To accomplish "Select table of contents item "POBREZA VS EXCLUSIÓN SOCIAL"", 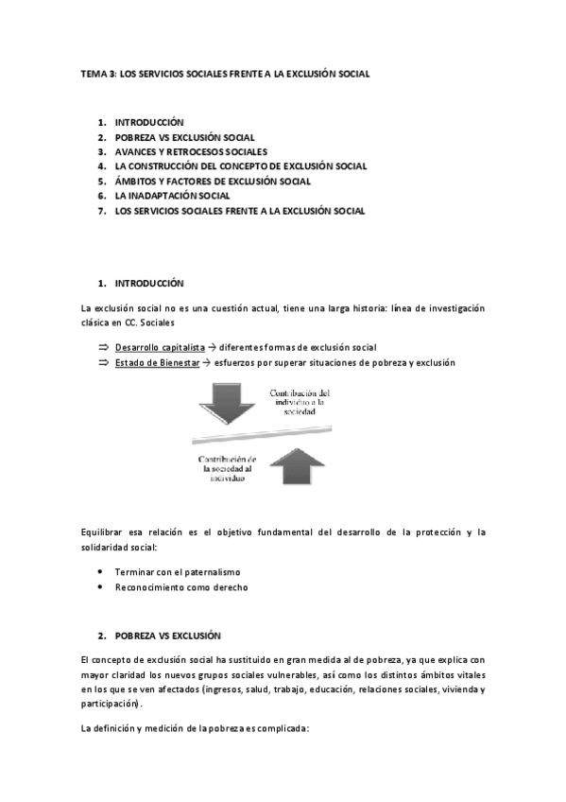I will [184, 137].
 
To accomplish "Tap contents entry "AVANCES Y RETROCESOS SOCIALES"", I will [191, 151].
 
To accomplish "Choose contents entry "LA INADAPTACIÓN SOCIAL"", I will [172, 196].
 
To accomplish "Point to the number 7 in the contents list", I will [100, 211].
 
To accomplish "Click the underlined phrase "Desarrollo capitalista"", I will [160, 348].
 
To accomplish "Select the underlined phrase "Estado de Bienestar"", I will [156, 363].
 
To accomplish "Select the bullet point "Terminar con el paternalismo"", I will [178, 572].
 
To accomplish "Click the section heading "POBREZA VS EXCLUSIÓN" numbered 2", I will [166, 636].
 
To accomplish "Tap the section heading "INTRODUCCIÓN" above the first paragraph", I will [148, 283].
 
